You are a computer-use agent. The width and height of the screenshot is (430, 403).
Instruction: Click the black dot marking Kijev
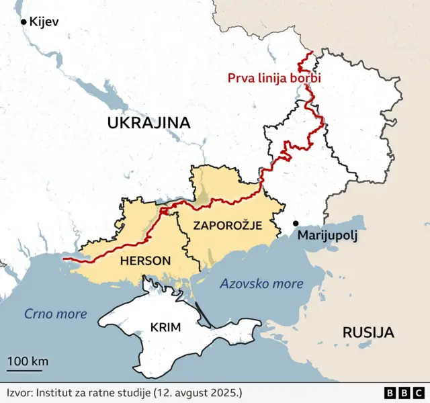(x=24, y=22)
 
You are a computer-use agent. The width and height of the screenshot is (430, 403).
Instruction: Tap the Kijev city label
(x=44, y=22)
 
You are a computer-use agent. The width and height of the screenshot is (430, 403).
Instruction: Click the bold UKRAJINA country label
(x=148, y=123)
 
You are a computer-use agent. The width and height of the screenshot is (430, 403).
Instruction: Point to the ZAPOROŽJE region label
(x=227, y=226)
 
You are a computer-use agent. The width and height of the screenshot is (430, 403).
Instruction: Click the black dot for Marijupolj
(x=295, y=223)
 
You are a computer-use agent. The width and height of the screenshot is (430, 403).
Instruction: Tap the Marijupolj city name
(x=327, y=236)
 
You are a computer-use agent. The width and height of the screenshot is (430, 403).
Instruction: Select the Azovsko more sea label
(x=261, y=283)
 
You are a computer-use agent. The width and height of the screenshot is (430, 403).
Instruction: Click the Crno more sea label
(x=56, y=314)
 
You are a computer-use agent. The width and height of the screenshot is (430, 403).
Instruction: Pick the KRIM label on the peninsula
(x=165, y=328)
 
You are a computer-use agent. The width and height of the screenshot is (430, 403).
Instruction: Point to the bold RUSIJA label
(x=368, y=332)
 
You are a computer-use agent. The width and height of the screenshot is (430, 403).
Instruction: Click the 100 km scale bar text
(x=28, y=361)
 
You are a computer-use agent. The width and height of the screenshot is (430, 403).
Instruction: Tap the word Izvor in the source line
(x=21, y=392)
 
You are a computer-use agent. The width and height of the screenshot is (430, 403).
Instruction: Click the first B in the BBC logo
(x=390, y=393)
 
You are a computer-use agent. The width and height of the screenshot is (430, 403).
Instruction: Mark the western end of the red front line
(x=62, y=258)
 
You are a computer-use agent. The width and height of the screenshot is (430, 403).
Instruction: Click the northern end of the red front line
(x=310, y=53)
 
